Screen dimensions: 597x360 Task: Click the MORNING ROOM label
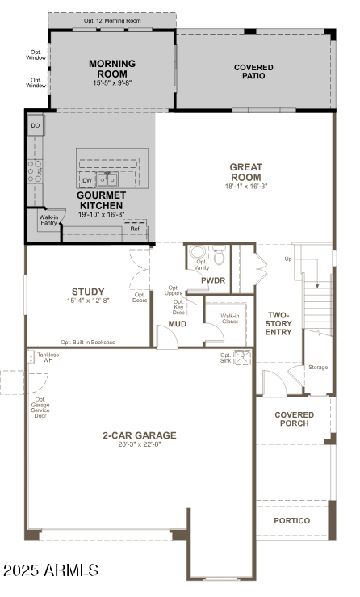coord(111,69)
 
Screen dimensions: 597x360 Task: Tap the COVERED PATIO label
coord(253,73)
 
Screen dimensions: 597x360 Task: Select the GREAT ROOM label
coord(245,172)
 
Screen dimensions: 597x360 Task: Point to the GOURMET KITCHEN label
coord(101,200)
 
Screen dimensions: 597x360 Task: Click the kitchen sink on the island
coord(107,179)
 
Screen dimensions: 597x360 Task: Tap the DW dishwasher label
coord(87,180)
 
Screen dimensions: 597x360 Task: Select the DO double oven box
coord(36,126)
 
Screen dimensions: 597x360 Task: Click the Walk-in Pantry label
coord(48,220)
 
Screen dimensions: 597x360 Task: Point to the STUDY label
coord(88,292)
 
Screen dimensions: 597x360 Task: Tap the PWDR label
coord(213,280)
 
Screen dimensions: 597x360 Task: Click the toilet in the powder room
coord(218,252)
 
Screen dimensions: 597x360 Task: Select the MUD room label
coord(178,324)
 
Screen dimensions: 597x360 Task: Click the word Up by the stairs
coord(288,259)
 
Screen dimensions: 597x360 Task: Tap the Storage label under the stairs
coord(318,368)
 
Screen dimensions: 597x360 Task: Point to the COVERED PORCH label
coord(294,419)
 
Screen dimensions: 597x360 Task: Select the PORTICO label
coord(292,521)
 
